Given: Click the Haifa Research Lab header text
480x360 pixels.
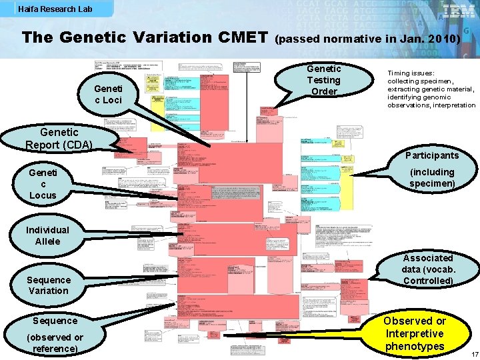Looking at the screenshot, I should click(x=55, y=9).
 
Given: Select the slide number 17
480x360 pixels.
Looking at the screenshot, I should click(x=473, y=353).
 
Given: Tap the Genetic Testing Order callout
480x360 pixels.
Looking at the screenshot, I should click(x=324, y=80).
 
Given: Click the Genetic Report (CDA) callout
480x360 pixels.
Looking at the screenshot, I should click(x=59, y=139).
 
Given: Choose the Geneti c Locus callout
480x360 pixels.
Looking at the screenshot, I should click(x=43, y=183).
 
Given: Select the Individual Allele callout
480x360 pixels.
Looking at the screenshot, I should click(x=47, y=235).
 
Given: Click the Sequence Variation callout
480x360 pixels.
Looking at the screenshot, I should click(x=48, y=285).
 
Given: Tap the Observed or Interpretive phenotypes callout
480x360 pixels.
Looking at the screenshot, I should click(x=414, y=333).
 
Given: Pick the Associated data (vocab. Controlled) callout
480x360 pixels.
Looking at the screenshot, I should click(x=427, y=269).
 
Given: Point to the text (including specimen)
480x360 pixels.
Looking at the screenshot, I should click(x=432, y=177).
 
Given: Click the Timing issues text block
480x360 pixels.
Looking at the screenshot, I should click(x=431, y=89).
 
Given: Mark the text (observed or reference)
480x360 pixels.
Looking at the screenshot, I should click(x=55, y=343).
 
